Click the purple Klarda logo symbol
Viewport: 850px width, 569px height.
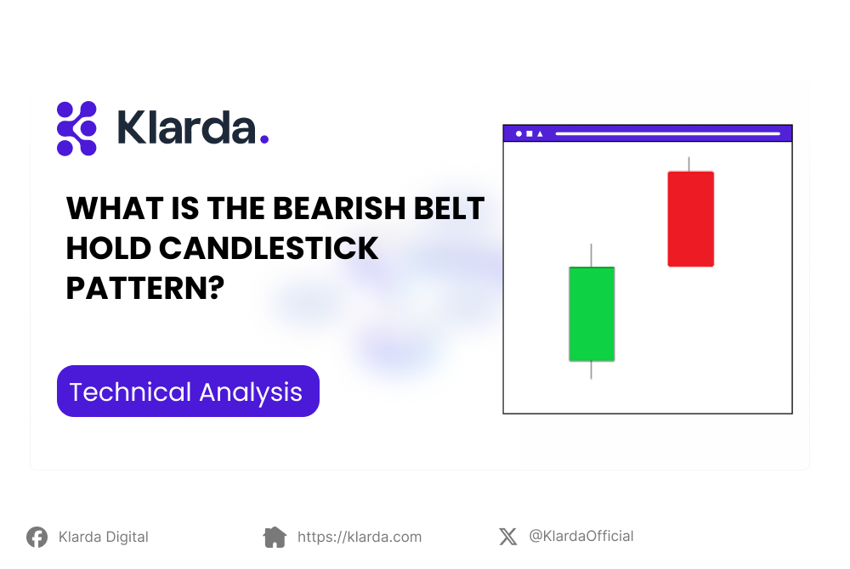(x=77, y=128)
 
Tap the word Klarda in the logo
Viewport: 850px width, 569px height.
(x=186, y=127)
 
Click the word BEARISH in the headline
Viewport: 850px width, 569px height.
(x=339, y=208)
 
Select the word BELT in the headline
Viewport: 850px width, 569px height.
(x=450, y=208)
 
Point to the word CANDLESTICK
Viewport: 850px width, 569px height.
(x=269, y=249)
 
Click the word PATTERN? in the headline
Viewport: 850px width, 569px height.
(x=144, y=288)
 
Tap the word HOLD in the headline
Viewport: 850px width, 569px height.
(x=109, y=249)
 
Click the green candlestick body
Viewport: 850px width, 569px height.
(x=592, y=314)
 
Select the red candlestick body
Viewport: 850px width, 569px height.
(x=690, y=219)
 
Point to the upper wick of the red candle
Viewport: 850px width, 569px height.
(x=689, y=164)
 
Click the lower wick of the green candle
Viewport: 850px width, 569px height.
(x=591, y=369)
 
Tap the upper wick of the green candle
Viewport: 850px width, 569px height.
(x=591, y=255)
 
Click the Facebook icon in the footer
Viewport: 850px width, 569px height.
(x=37, y=537)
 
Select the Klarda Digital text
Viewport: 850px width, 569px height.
(x=104, y=537)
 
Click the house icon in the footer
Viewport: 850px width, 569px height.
(x=275, y=537)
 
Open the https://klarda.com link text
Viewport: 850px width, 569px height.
(x=360, y=537)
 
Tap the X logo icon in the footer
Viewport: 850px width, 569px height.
(x=508, y=537)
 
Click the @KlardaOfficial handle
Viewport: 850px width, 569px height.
(x=581, y=536)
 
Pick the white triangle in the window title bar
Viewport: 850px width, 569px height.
(x=540, y=133)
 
